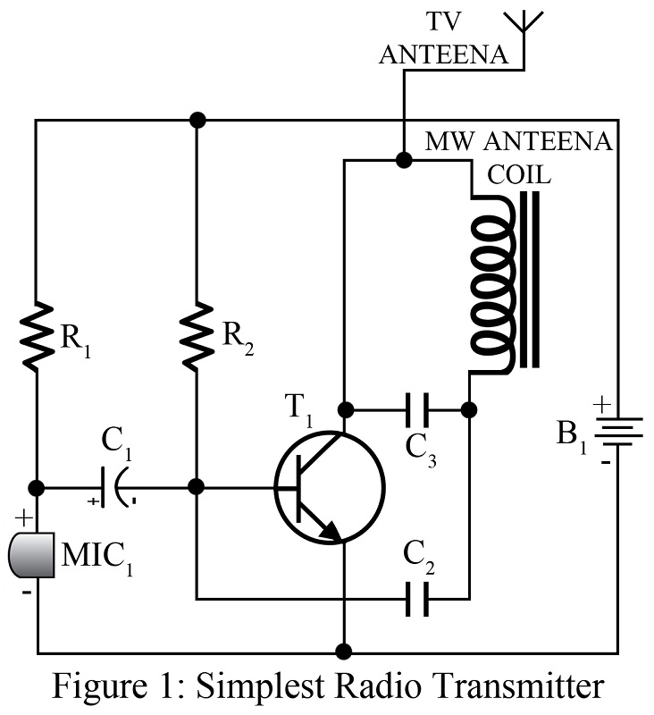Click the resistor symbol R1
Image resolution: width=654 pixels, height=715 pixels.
tap(37, 335)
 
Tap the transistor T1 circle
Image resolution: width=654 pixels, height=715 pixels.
tap(329, 488)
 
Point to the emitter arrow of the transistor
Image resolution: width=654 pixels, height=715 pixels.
tap(330, 532)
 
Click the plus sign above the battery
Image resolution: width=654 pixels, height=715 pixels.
tap(602, 405)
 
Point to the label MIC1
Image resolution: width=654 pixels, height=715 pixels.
tap(95, 556)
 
